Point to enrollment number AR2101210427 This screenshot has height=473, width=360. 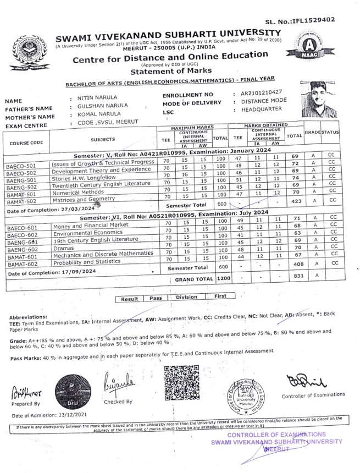click(262, 92)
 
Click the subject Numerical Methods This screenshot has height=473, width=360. click(77, 194)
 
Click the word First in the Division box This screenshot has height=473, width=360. click(220, 296)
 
